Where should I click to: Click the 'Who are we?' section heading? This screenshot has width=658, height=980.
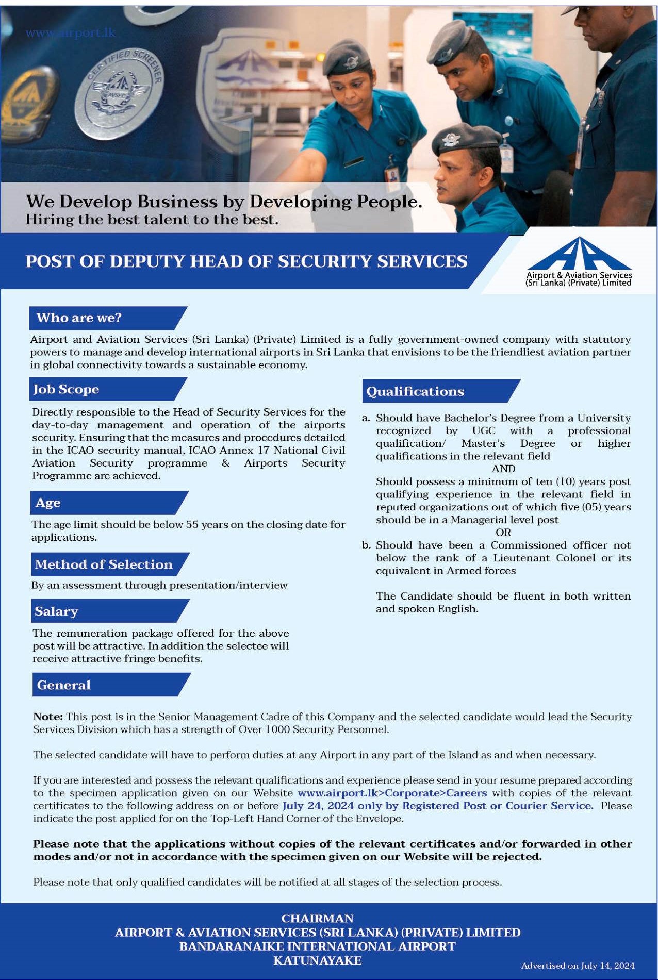(79, 318)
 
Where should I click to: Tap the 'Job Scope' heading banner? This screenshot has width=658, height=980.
(66, 389)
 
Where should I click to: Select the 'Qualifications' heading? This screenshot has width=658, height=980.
(415, 391)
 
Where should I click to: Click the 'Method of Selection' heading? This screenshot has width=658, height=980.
(104, 564)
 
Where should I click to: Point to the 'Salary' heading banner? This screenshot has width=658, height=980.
(56, 611)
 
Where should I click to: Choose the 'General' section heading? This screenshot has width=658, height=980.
(64, 685)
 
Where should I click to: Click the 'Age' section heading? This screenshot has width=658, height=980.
(48, 503)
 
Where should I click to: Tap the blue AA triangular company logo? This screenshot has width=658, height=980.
(579, 254)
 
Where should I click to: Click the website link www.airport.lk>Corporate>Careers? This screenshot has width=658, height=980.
(392, 793)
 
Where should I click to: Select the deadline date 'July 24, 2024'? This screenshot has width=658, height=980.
(318, 806)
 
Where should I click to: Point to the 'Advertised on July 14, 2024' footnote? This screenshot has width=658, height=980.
(578, 966)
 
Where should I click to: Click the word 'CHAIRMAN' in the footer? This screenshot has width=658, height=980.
(317, 918)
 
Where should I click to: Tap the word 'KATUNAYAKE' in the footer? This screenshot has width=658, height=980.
(317, 960)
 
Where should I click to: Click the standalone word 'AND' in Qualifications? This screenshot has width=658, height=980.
(503, 469)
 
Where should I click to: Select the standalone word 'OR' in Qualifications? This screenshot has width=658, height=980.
(503, 533)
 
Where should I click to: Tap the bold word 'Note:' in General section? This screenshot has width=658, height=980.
(48, 717)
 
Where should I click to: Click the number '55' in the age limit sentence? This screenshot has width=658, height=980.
(192, 524)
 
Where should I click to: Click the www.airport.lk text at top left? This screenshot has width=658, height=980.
(71, 33)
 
